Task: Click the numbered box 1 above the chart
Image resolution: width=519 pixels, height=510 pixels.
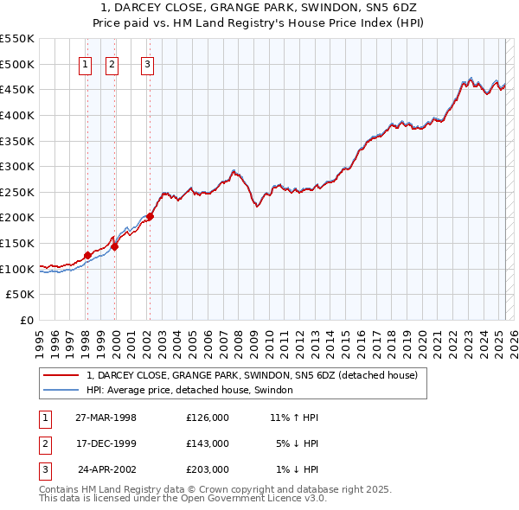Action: click(86, 63)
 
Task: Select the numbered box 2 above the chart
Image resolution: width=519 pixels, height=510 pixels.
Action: click(112, 63)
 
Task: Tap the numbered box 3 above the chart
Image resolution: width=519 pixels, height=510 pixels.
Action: click(148, 63)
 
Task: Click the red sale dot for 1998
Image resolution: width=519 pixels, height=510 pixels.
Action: click(87, 255)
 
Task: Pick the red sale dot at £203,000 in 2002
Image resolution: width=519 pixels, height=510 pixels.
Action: click(150, 216)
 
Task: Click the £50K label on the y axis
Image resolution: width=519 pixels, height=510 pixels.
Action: click(20, 294)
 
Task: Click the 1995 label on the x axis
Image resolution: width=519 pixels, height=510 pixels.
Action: click(40, 337)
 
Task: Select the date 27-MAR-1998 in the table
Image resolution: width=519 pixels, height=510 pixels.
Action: click(106, 417)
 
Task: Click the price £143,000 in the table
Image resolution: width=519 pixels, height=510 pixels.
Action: click(208, 443)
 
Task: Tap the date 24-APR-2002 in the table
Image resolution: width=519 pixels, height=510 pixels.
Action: click(107, 469)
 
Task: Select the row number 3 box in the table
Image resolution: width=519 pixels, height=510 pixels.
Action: click(43, 469)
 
